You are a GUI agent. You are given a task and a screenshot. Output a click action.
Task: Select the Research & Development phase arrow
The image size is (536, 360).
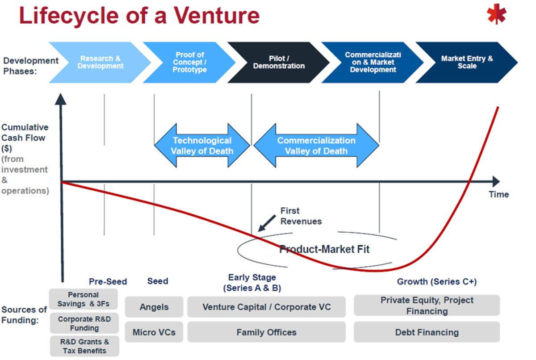pyautogui.click(x=100, y=63)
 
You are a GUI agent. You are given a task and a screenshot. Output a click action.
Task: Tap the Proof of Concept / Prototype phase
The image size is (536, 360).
pyautogui.click(x=190, y=63)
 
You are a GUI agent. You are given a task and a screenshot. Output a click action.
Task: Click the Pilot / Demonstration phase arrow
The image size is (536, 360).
pyautogui.click(x=279, y=63)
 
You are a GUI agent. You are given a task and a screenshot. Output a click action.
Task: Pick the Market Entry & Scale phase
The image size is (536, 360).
pyautogui.click(x=467, y=63)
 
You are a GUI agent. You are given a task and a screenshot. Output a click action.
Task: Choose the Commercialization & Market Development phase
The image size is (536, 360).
pyautogui.click(x=373, y=63)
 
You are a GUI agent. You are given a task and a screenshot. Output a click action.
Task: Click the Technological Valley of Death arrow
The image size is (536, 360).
pyautogui.click(x=202, y=146)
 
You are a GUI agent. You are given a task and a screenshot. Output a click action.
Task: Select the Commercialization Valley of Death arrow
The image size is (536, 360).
pyautogui.click(x=316, y=146)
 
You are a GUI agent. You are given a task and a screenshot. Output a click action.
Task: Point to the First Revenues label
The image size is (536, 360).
pyautogui.click(x=301, y=216)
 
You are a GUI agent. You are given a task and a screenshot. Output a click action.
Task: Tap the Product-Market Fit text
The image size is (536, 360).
pyautogui.click(x=324, y=249)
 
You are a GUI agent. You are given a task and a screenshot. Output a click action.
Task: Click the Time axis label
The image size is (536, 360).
pyautogui.click(x=498, y=194)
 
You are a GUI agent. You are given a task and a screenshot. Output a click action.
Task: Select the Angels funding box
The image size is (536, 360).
pyautogui.click(x=154, y=307)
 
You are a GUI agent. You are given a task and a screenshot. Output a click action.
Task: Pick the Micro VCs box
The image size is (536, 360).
pyautogui.click(x=154, y=332)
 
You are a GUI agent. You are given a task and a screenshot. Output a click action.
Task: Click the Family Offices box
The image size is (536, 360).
pyautogui.click(x=266, y=332)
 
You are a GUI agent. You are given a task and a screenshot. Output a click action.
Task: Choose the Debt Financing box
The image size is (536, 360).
pyautogui.click(x=427, y=332)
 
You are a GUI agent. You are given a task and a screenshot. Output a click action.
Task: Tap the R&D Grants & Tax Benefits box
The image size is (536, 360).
pyautogui.click(x=84, y=346)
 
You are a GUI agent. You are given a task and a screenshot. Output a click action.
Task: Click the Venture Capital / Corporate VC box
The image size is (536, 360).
pyautogui.click(x=266, y=307)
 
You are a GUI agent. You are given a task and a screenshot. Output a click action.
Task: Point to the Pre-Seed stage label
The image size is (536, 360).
pyautogui.click(x=108, y=282)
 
